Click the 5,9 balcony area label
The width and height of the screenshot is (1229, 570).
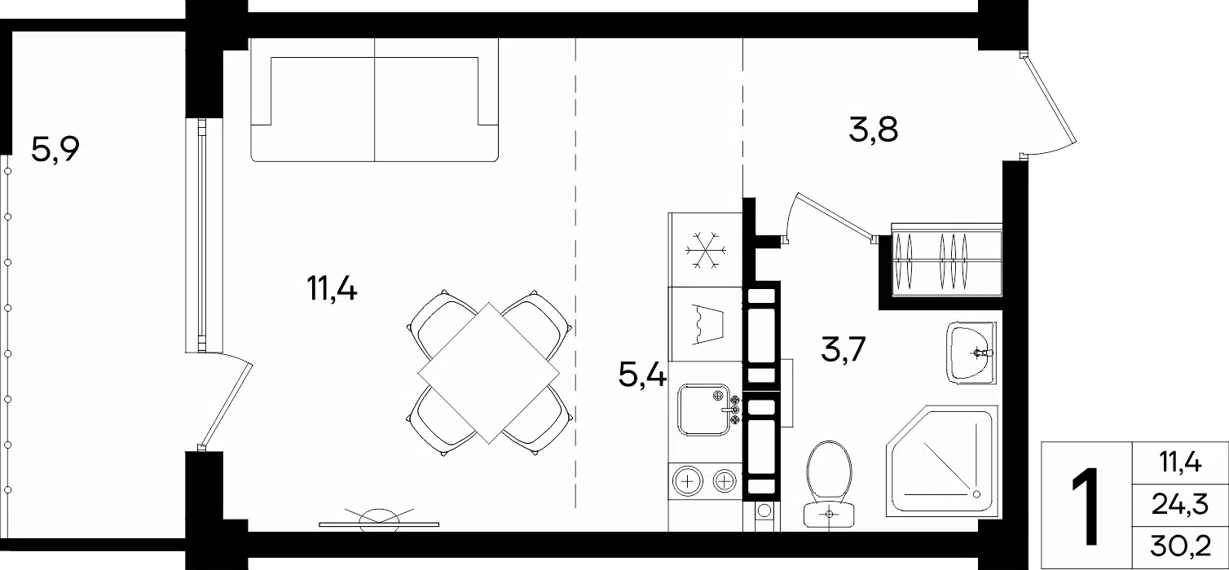[x=55, y=150]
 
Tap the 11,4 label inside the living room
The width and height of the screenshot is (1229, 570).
[x=332, y=288]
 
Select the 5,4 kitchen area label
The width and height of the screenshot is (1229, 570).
[x=642, y=375]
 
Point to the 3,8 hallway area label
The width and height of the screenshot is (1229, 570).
[x=873, y=130]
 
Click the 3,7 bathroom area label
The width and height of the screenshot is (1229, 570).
[x=844, y=349]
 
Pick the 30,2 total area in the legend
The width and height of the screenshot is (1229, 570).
[x=1180, y=546]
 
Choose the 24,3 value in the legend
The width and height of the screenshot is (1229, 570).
[x=1179, y=504]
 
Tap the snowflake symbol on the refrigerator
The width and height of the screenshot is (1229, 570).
[x=706, y=250]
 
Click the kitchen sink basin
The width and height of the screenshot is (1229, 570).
[x=704, y=410]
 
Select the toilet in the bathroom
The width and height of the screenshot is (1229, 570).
[x=829, y=484]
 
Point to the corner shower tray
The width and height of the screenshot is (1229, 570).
[x=941, y=461]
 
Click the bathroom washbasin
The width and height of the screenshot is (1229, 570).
[x=971, y=353]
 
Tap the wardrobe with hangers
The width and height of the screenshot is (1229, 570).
[x=946, y=260]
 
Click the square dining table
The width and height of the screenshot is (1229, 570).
[x=488, y=373]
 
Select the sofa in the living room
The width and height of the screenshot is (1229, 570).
[x=374, y=99]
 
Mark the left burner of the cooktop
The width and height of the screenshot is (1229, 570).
[x=687, y=482]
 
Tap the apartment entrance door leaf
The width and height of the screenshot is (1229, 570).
[x=1049, y=99]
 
